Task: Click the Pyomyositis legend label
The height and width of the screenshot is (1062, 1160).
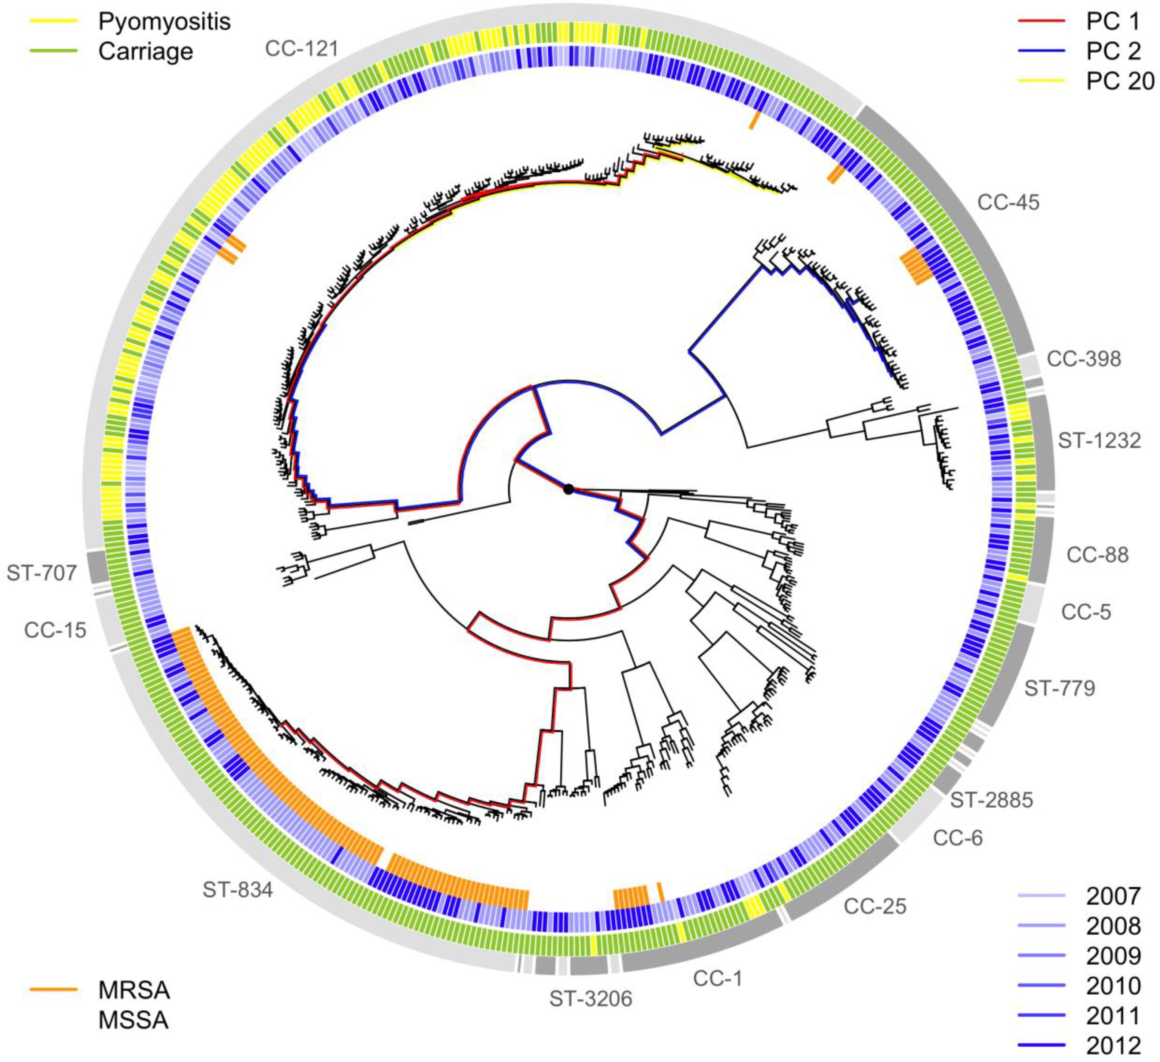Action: coord(164,22)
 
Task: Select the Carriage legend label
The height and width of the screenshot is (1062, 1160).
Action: coord(145,52)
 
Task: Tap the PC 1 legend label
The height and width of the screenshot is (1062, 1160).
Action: coord(1112,22)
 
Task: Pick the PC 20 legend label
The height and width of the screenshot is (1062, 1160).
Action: coord(1120,82)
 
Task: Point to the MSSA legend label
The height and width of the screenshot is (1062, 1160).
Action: coord(133,1020)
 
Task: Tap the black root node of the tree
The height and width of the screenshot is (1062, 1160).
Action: coord(569,489)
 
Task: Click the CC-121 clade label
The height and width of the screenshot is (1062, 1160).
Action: coord(302,49)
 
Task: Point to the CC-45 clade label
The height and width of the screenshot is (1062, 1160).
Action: coord(1008,203)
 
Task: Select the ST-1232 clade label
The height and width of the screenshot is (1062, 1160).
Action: coord(1099,441)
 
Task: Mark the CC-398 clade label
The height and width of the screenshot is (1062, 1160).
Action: coord(1083,359)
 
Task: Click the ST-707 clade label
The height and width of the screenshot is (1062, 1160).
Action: coord(41,573)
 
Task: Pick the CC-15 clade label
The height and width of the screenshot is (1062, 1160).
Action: coord(55,630)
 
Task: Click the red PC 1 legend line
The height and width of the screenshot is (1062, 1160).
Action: coord(1041,22)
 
